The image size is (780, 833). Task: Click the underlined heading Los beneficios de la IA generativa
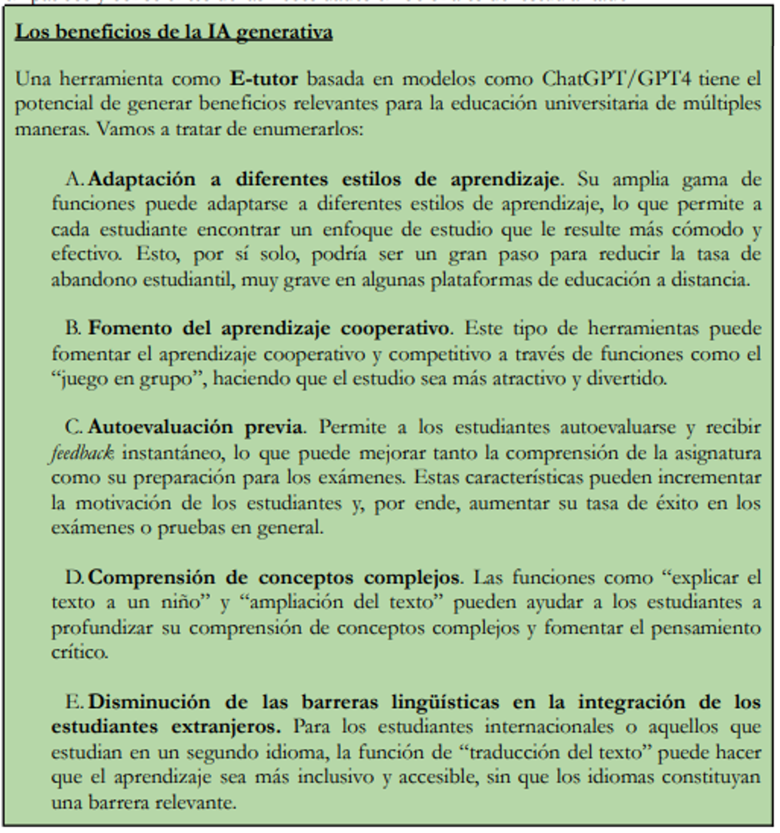173,32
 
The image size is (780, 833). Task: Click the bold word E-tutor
264,79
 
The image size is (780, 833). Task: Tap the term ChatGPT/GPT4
616,79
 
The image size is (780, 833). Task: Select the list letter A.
74,179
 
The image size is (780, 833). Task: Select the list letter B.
73,329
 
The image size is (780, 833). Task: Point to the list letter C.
73,427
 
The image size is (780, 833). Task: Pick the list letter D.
74,577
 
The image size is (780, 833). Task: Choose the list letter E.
74,702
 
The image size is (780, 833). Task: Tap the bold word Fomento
130,329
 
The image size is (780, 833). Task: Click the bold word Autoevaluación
160,427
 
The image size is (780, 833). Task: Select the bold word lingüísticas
445,702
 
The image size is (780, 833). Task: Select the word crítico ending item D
79,653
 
